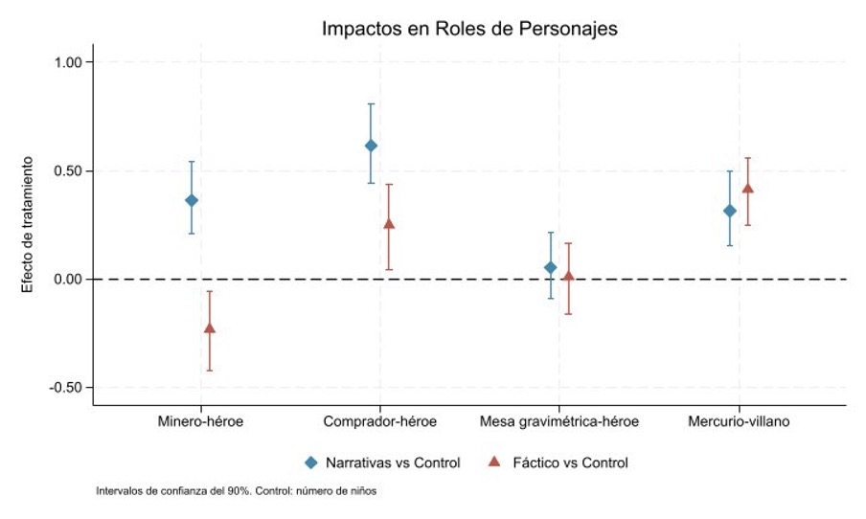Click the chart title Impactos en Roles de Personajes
point(469,29)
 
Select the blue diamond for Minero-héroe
point(192,200)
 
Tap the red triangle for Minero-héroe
point(210,328)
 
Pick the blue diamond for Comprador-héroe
point(371,146)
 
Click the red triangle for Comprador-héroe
point(389,224)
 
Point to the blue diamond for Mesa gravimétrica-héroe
point(550,267)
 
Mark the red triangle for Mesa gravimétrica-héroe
point(568,277)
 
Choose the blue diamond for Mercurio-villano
point(730,211)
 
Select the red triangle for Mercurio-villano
point(748,189)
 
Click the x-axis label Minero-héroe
point(200,422)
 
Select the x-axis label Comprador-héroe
point(380,422)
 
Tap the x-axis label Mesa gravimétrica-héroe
point(559,422)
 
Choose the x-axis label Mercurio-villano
point(739,422)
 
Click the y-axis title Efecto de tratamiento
point(28,224)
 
